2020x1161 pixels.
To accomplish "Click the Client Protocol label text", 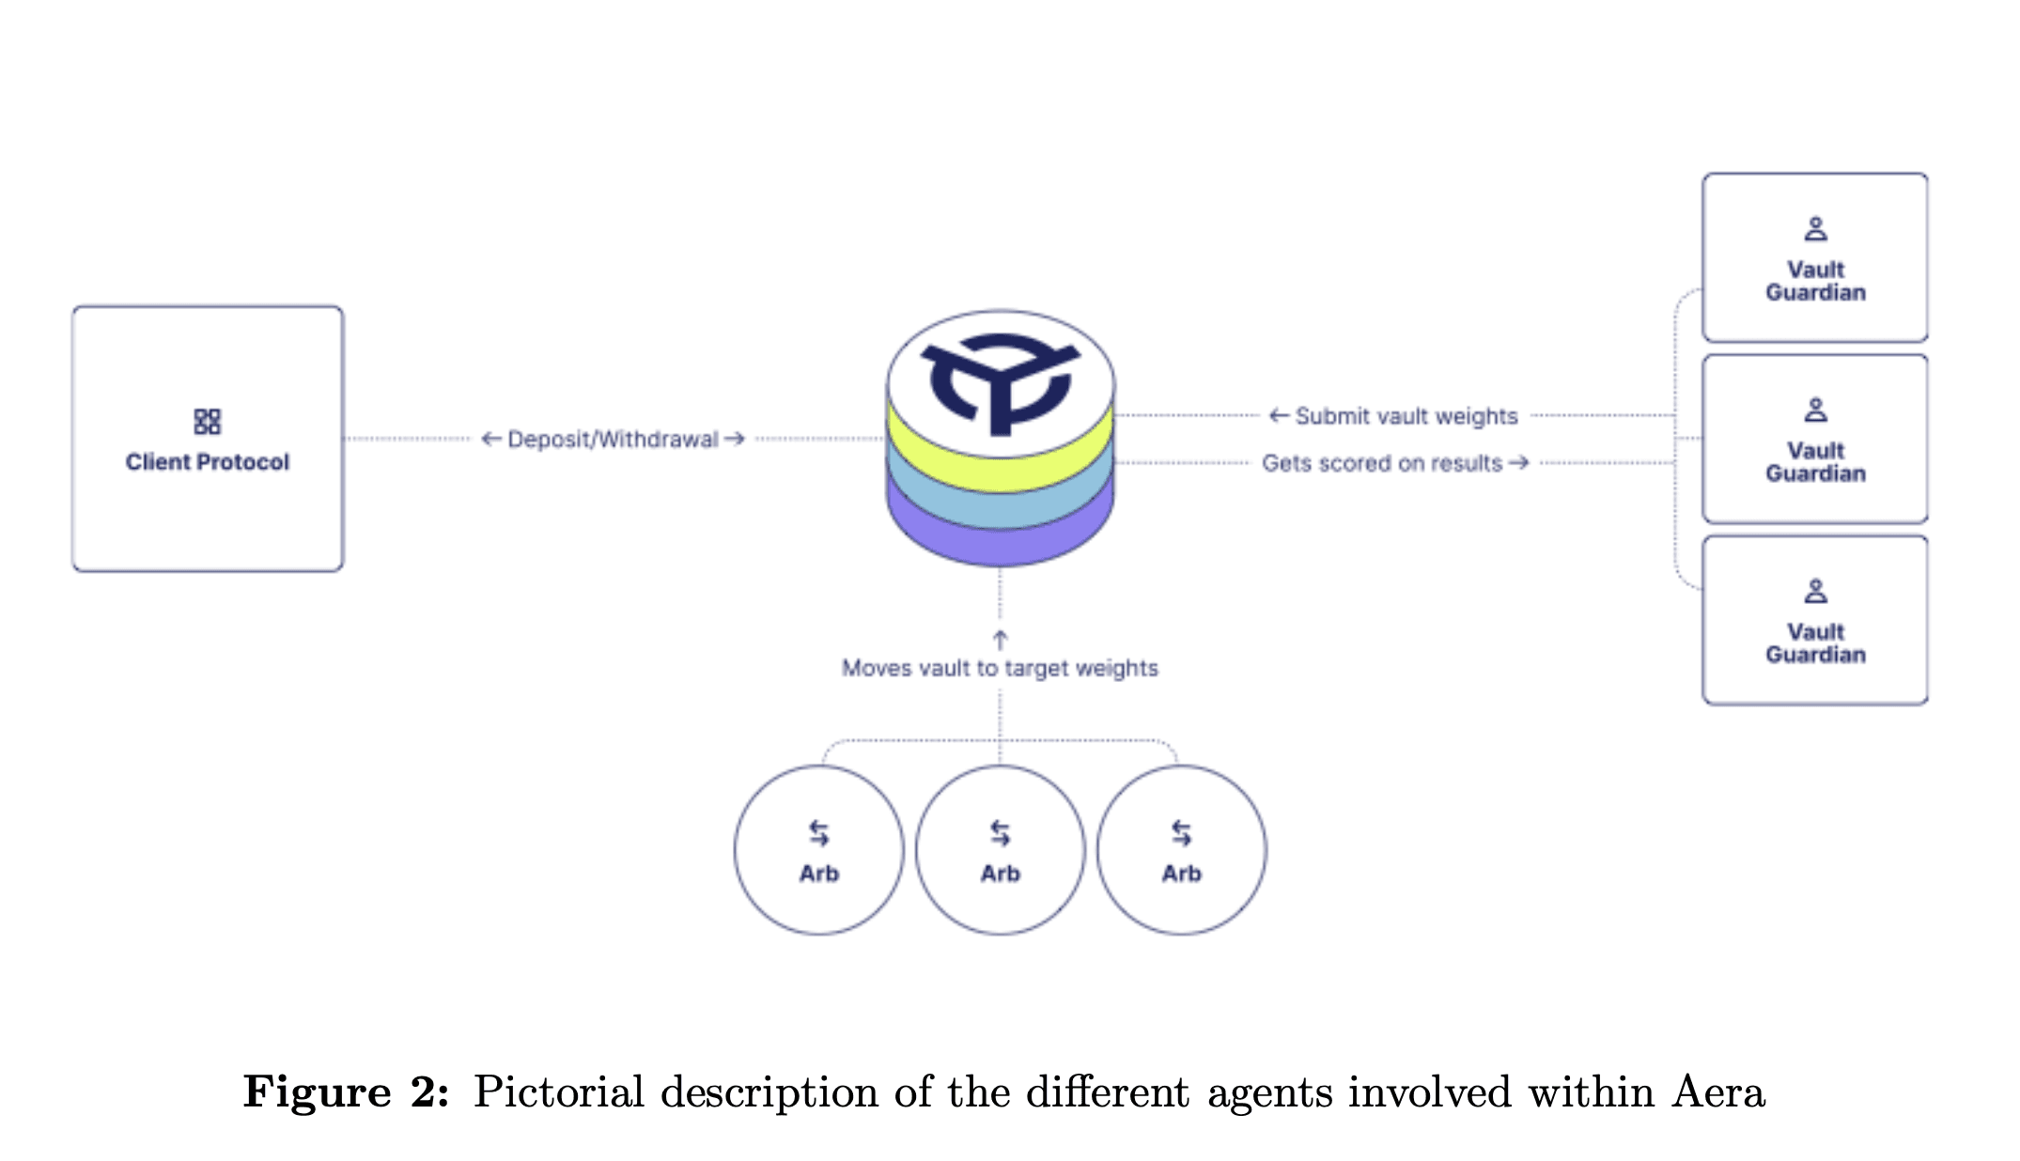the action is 208,461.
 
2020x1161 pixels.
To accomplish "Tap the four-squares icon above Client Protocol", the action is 208,421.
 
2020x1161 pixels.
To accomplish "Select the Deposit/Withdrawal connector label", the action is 613,439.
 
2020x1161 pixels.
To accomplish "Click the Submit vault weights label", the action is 1393,415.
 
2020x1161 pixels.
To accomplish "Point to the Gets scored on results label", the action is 1395,463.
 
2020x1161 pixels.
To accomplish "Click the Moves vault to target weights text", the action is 1000,668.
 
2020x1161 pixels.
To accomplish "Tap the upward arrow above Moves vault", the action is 1000,640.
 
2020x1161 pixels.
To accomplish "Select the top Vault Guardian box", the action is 1815,257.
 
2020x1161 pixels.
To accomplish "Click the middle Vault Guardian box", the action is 1815,439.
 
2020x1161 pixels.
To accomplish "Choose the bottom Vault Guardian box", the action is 1815,620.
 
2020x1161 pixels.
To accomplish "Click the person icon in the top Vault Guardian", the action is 1815,228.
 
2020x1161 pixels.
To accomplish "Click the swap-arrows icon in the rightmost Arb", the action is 1182,833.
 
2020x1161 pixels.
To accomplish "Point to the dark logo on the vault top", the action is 1001,380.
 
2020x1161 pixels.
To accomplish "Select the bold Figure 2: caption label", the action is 346,1092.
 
